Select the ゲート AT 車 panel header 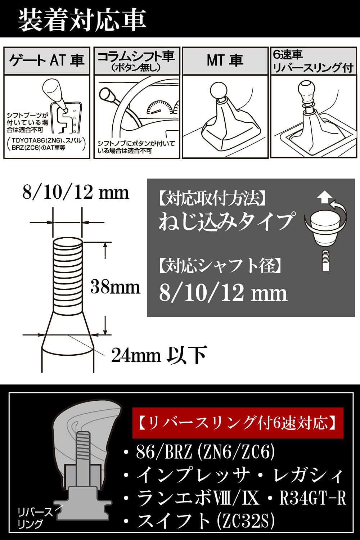[x=46, y=60]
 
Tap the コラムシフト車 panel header [x=136, y=60]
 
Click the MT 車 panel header [x=225, y=60]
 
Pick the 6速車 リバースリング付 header [x=312, y=61]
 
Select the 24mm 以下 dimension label [x=158, y=355]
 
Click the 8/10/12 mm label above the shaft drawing [x=76, y=193]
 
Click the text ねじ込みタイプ [x=226, y=221]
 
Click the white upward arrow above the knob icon [x=325, y=197]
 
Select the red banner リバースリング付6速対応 [x=238, y=423]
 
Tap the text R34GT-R [x=312, y=498]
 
